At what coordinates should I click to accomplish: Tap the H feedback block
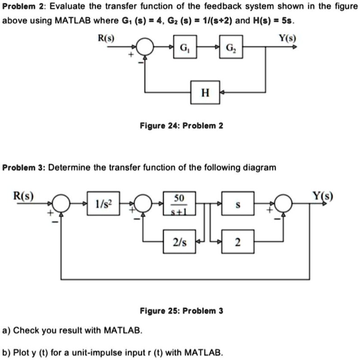pyautogui.click(x=205, y=92)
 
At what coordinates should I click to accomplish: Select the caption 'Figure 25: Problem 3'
pyautogui.click(x=181, y=311)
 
